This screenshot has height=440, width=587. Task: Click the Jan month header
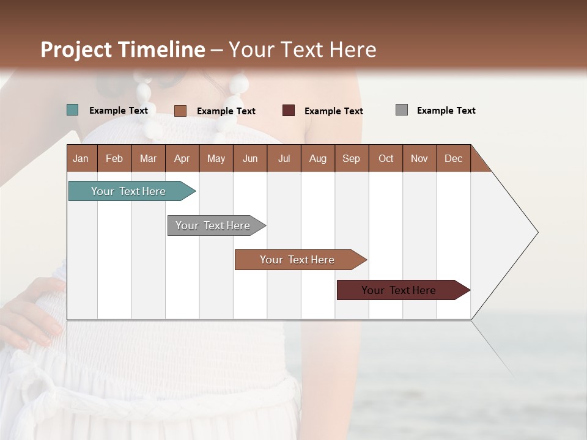[x=81, y=159]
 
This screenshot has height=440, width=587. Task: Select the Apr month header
[x=182, y=159]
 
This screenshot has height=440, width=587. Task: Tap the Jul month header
[x=284, y=159]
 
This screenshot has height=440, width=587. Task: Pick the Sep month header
[x=351, y=159]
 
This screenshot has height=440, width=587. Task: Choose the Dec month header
[x=453, y=159]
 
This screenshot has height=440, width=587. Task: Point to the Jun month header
[x=249, y=159]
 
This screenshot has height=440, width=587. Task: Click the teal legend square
[x=72, y=110]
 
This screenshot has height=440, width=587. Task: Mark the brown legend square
[x=180, y=111]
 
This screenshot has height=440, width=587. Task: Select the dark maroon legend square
[x=288, y=111]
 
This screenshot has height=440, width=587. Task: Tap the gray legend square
[x=401, y=110]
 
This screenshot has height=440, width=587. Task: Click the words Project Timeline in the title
[x=122, y=50]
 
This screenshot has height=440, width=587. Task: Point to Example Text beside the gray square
[x=446, y=111]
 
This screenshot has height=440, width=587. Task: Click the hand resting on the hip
[x=31, y=312]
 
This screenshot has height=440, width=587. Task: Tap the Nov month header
[x=419, y=159]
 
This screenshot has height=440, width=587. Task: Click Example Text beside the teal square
[x=118, y=111]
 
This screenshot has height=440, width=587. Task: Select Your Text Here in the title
[x=302, y=50]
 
